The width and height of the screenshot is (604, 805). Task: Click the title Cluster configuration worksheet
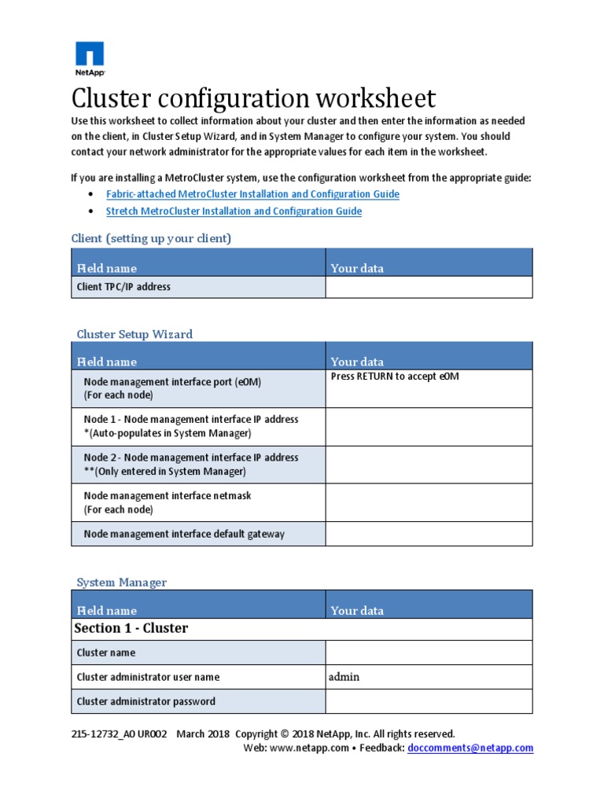[x=252, y=99]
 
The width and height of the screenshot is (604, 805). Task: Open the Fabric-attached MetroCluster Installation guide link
[x=252, y=194]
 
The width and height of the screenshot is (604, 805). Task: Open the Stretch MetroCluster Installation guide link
[x=234, y=211]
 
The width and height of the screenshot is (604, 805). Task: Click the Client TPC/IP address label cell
[x=123, y=287]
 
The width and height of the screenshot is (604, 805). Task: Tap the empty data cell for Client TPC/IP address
[x=429, y=287]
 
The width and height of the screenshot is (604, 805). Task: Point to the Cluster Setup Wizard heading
[x=134, y=334]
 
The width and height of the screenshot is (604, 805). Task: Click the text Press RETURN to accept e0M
[x=395, y=377]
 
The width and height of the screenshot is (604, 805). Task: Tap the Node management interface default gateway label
[x=184, y=535]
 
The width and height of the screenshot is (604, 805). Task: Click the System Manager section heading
[x=122, y=583]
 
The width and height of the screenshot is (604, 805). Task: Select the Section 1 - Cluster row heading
[x=131, y=628]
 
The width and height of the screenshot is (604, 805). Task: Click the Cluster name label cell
[x=106, y=652]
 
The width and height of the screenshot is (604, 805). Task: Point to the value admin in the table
[x=344, y=677]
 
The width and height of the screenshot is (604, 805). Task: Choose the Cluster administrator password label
[x=145, y=701]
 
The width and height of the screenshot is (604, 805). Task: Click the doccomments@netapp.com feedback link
[x=470, y=748]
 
